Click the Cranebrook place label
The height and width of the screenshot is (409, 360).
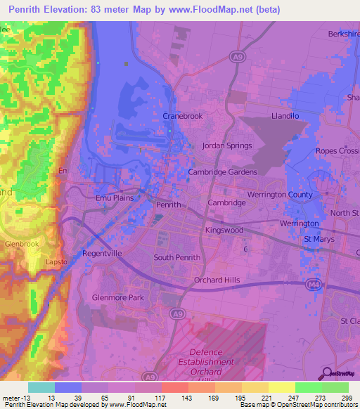pyautogui.click(x=182, y=115)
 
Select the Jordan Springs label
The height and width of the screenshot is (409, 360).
pyautogui.click(x=226, y=146)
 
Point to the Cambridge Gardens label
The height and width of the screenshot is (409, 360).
pyautogui.click(x=222, y=171)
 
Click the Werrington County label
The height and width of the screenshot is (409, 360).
pyautogui.click(x=280, y=194)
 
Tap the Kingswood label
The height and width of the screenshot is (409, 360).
pyautogui.click(x=224, y=230)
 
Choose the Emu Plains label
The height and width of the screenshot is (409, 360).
pyautogui.click(x=115, y=199)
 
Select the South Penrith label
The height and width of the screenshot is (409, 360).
pyautogui.click(x=177, y=257)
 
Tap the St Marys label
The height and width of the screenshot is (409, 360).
pyautogui.click(x=317, y=240)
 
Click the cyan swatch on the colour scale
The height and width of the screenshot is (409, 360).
pyautogui.click(x=41, y=387)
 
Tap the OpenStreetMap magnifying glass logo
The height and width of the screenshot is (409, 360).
pyautogui.click(x=326, y=374)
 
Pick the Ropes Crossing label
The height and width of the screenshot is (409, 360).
pyautogui.click(x=337, y=151)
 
